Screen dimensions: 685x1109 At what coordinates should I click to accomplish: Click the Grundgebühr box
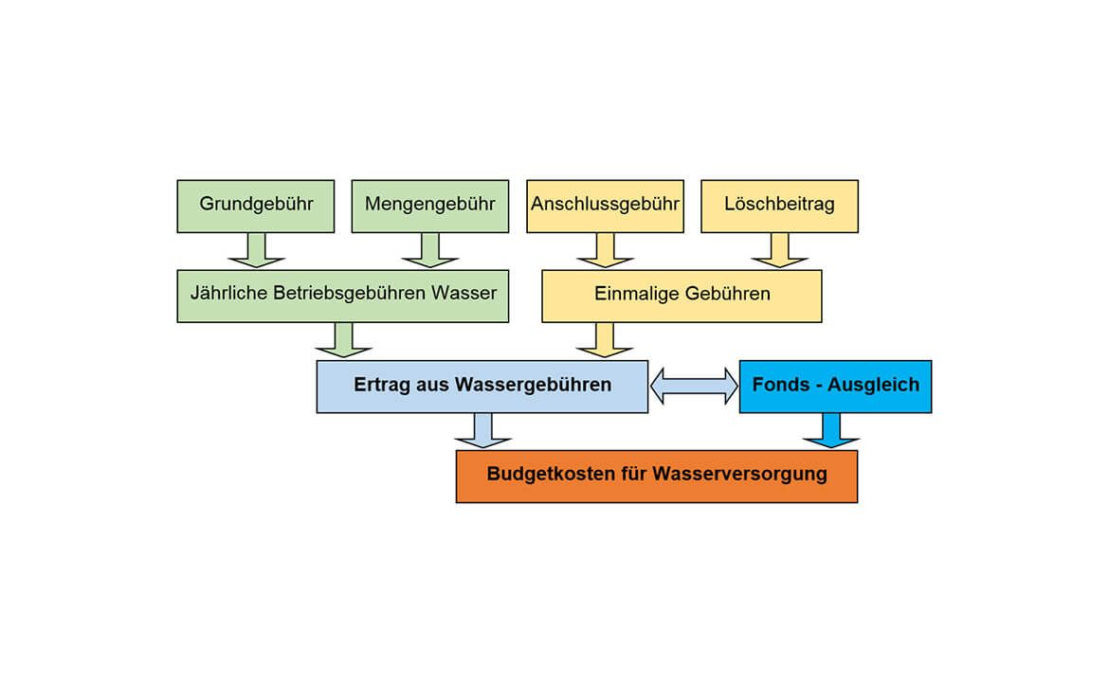click(x=255, y=206)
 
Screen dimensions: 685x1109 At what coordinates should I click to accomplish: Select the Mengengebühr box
click(x=429, y=206)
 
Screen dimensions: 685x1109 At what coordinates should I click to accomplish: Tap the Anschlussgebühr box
click(x=605, y=206)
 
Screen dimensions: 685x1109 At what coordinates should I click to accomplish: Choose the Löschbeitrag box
click(x=779, y=206)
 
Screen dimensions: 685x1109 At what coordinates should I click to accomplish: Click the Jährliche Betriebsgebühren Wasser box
click(x=343, y=295)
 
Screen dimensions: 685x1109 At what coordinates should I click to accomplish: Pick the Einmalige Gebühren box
click(x=682, y=295)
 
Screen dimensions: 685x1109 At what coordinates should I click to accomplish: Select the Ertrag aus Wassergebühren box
click(x=482, y=386)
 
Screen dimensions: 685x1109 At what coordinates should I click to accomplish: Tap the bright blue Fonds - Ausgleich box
click(x=835, y=386)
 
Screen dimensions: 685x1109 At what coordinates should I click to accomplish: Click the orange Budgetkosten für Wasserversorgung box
click(x=656, y=475)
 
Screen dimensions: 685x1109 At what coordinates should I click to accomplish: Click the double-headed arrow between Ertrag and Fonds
click(x=694, y=386)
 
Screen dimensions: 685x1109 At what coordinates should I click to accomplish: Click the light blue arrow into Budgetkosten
click(x=482, y=431)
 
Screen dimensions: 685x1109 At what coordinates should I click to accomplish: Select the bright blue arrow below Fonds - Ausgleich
click(x=831, y=431)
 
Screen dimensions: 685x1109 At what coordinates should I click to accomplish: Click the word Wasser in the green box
click(x=464, y=294)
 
